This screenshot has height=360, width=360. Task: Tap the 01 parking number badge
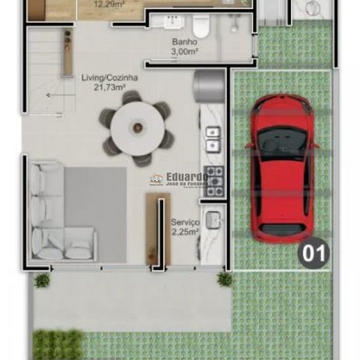(x=314, y=253)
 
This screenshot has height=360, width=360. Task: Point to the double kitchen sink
(x=213, y=139)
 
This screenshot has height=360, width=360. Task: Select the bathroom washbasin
(x=170, y=22)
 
